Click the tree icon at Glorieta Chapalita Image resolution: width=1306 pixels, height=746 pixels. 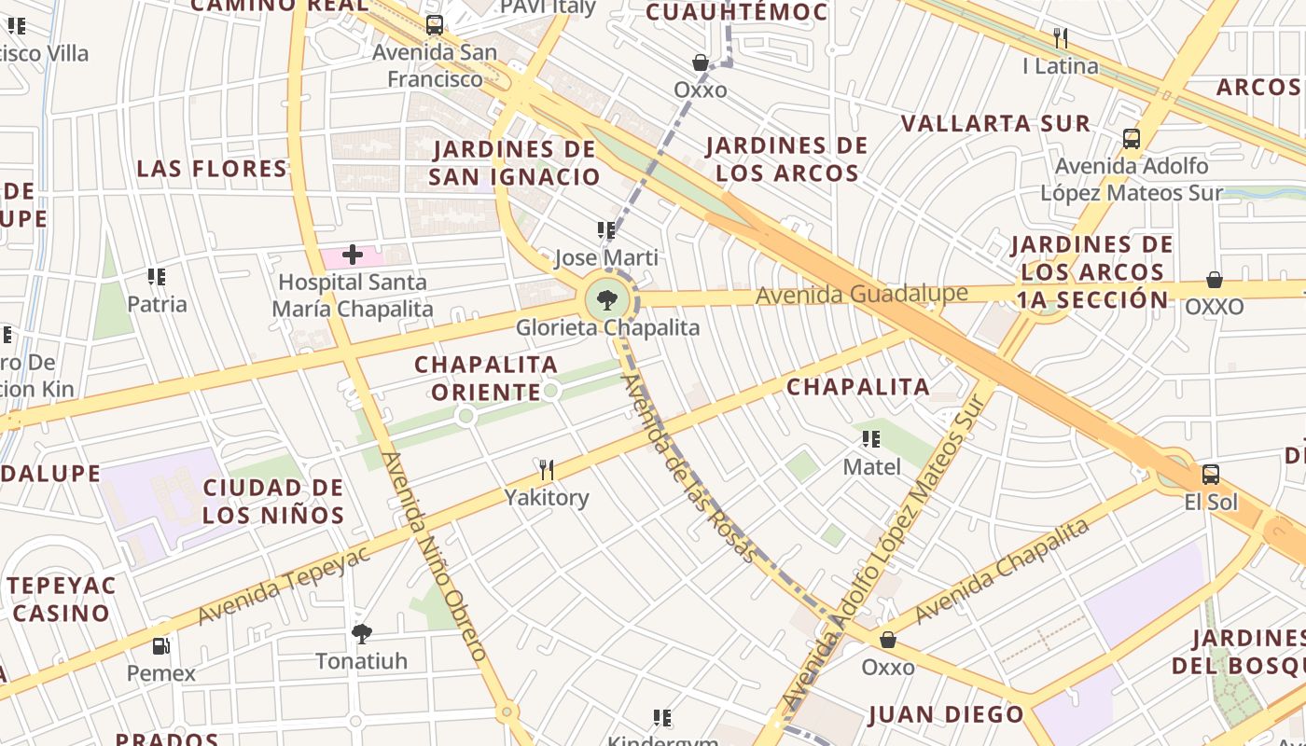click(607, 300)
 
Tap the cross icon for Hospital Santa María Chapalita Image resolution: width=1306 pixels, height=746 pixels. click(353, 254)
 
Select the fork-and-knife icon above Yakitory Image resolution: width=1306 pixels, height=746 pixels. click(547, 469)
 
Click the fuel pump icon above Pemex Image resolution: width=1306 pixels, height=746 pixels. click(161, 645)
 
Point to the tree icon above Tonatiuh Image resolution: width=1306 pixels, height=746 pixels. click(362, 634)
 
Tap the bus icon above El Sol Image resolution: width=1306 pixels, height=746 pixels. click(1210, 475)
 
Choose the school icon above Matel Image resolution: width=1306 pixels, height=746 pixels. click(871, 438)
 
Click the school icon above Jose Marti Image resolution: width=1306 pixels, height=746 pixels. click(606, 229)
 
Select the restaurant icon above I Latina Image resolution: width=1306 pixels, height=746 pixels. click(1060, 38)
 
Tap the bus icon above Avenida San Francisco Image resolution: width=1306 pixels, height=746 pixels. click(434, 25)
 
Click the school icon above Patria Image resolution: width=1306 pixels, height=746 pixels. click(157, 276)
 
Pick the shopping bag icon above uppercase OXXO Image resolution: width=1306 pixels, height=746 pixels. click(1215, 280)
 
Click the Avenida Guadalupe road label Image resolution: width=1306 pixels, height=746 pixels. click(861, 295)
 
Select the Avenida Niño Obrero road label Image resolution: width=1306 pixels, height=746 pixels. click(435, 557)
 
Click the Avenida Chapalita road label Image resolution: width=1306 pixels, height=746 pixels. click(1002, 571)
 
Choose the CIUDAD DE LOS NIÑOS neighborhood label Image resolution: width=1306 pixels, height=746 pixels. click(273, 501)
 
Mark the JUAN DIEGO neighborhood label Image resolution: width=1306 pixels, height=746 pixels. click(946, 715)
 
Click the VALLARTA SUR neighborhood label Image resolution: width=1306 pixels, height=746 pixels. click(995, 123)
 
